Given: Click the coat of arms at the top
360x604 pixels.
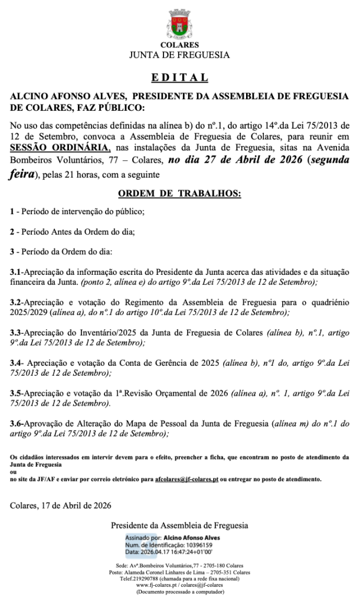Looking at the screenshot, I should (179, 24).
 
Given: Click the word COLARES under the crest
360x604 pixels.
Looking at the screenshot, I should (179, 45).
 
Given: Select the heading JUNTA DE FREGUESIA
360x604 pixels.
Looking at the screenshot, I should (179, 55).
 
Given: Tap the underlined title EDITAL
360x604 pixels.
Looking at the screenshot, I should (179, 77).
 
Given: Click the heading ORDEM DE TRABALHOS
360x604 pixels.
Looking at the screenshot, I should (179, 193).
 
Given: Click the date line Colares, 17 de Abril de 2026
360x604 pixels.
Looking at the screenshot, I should (61, 505).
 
